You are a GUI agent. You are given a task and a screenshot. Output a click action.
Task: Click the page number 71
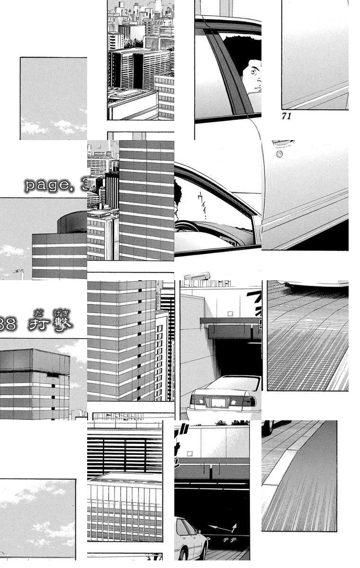286,116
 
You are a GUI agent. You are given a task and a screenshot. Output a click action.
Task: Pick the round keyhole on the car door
279,154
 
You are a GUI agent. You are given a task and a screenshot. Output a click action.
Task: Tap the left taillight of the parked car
195,401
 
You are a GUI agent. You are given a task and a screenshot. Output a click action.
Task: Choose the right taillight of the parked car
250,402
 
